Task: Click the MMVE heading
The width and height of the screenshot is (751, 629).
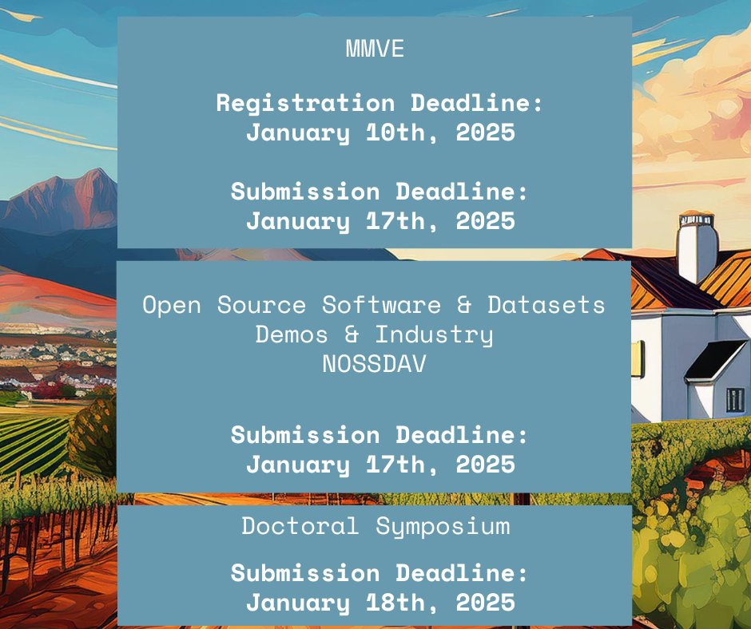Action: [x=375, y=49]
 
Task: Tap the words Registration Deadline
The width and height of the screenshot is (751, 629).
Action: [x=379, y=103]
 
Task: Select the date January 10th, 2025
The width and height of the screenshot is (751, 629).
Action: [x=379, y=132]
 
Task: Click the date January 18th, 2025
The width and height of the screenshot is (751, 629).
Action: [x=379, y=602]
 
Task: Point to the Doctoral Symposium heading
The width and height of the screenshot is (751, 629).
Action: [x=375, y=526]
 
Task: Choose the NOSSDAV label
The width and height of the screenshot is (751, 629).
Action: [x=375, y=363]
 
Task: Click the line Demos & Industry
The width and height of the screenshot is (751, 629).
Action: [x=374, y=334]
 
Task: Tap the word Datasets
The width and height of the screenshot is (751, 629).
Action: [x=546, y=305]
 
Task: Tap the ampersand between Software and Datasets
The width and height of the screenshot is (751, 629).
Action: [x=463, y=305]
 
